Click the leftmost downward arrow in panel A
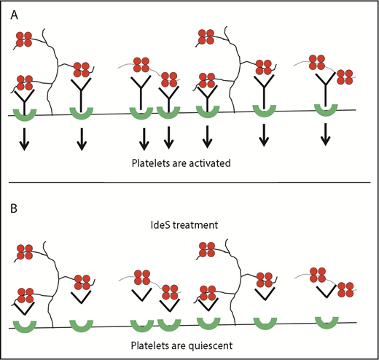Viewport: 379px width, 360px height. tap(24, 138)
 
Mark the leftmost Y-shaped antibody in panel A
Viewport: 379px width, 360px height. tap(24, 95)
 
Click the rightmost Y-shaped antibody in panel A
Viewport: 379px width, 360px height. tap(325, 91)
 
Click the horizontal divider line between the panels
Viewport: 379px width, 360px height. tap(189, 182)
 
